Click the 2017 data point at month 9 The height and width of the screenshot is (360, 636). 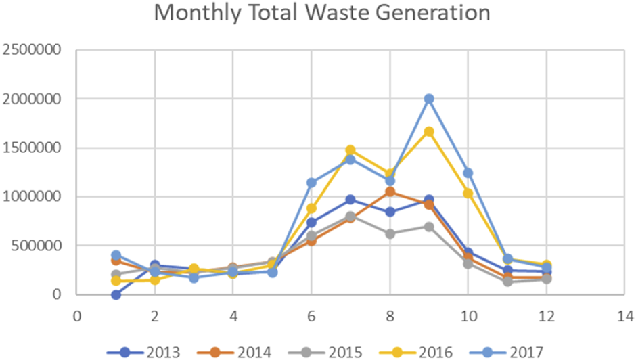click(429, 99)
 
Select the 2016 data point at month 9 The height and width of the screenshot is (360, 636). click(429, 131)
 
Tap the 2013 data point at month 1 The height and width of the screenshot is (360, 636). click(116, 294)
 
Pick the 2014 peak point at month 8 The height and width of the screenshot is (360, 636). click(390, 192)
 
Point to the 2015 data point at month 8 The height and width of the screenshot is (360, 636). click(390, 233)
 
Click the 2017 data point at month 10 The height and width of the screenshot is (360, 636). click(468, 173)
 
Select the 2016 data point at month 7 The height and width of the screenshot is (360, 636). click(350, 150)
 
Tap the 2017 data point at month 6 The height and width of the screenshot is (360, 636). click(311, 183)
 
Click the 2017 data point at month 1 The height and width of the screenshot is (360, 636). click(116, 255)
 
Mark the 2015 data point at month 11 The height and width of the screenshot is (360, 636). click(507, 281)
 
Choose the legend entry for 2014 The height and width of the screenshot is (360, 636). click(237, 351)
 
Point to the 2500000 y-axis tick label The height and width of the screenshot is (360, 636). click(32, 50)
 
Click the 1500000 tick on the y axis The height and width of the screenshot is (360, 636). click(32, 148)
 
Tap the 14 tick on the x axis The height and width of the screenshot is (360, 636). click(624, 315)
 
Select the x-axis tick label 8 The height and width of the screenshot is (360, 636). click(390, 315)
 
